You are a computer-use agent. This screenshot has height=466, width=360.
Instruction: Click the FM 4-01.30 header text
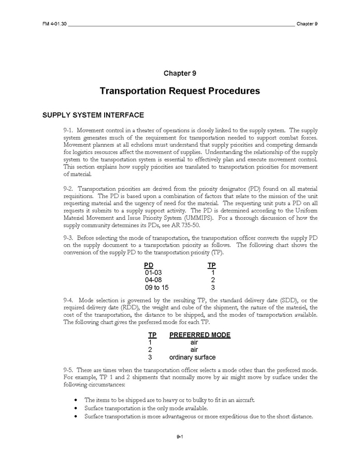click(x=54, y=24)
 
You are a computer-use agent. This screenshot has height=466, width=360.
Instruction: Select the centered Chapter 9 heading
click(x=179, y=73)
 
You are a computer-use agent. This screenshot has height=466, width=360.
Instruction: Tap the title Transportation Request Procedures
click(x=179, y=91)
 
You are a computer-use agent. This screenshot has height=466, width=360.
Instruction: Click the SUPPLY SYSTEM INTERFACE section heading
click(x=93, y=115)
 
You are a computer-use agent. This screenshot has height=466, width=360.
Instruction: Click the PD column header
click(x=149, y=265)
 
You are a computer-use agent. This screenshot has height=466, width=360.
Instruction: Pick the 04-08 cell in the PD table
click(x=154, y=280)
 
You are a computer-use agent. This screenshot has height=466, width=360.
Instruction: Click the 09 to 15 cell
click(x=157, y=287)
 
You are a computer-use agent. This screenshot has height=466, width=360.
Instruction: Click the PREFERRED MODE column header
click(x=199, y=335)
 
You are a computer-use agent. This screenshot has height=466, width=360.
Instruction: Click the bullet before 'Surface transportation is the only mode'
click(x=77, y=408)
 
